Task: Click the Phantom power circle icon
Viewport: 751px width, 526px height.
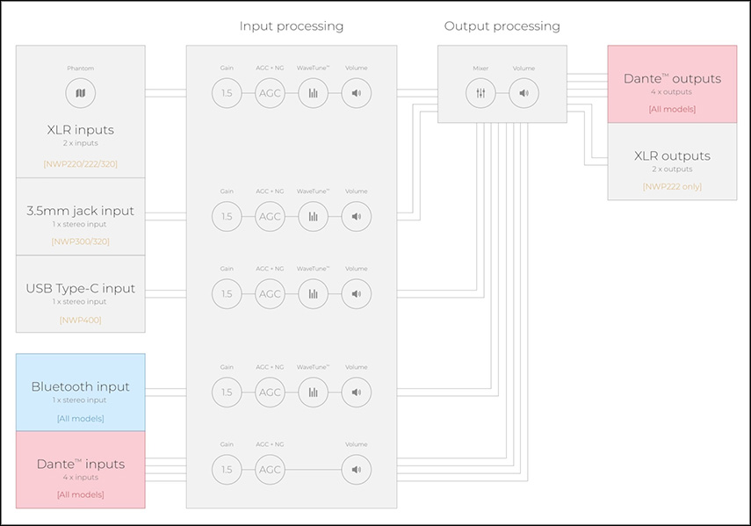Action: tap(81, 93)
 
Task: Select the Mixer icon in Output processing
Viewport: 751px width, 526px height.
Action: tap(480, 93)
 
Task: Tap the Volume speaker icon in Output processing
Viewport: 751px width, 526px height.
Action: tap(524, 93)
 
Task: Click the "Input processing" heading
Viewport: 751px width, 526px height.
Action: tap(292, 26)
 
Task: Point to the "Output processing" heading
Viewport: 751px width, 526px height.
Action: tap(502, 26)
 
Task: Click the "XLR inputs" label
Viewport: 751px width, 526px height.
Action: tap(81, 130)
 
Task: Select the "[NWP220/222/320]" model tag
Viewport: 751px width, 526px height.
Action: tap(81, 163)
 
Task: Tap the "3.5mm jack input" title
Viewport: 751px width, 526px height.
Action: tap(81, 211)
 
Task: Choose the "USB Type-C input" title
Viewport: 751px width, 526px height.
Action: tap(81, 289)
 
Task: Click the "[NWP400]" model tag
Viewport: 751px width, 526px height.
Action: tap(81, 320)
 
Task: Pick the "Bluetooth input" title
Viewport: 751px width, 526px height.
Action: tap(81, 386)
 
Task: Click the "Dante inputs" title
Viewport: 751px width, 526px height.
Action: tap(81, 464)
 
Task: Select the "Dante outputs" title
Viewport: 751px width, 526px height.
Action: tap(672, 78)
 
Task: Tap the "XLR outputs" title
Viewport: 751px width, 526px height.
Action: tap(672, 156)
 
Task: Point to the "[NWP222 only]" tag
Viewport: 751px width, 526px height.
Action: tap(672, 186)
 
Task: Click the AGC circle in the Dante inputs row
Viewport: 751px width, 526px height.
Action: tap(270, 470)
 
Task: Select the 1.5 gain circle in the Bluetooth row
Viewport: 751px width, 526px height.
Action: tap(227, 392)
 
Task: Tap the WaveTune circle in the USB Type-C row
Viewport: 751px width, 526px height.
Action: tap(313, 293)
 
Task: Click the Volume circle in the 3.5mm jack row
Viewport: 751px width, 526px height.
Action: tap(356, 216)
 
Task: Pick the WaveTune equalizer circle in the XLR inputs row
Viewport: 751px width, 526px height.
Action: tap(313, 93)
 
